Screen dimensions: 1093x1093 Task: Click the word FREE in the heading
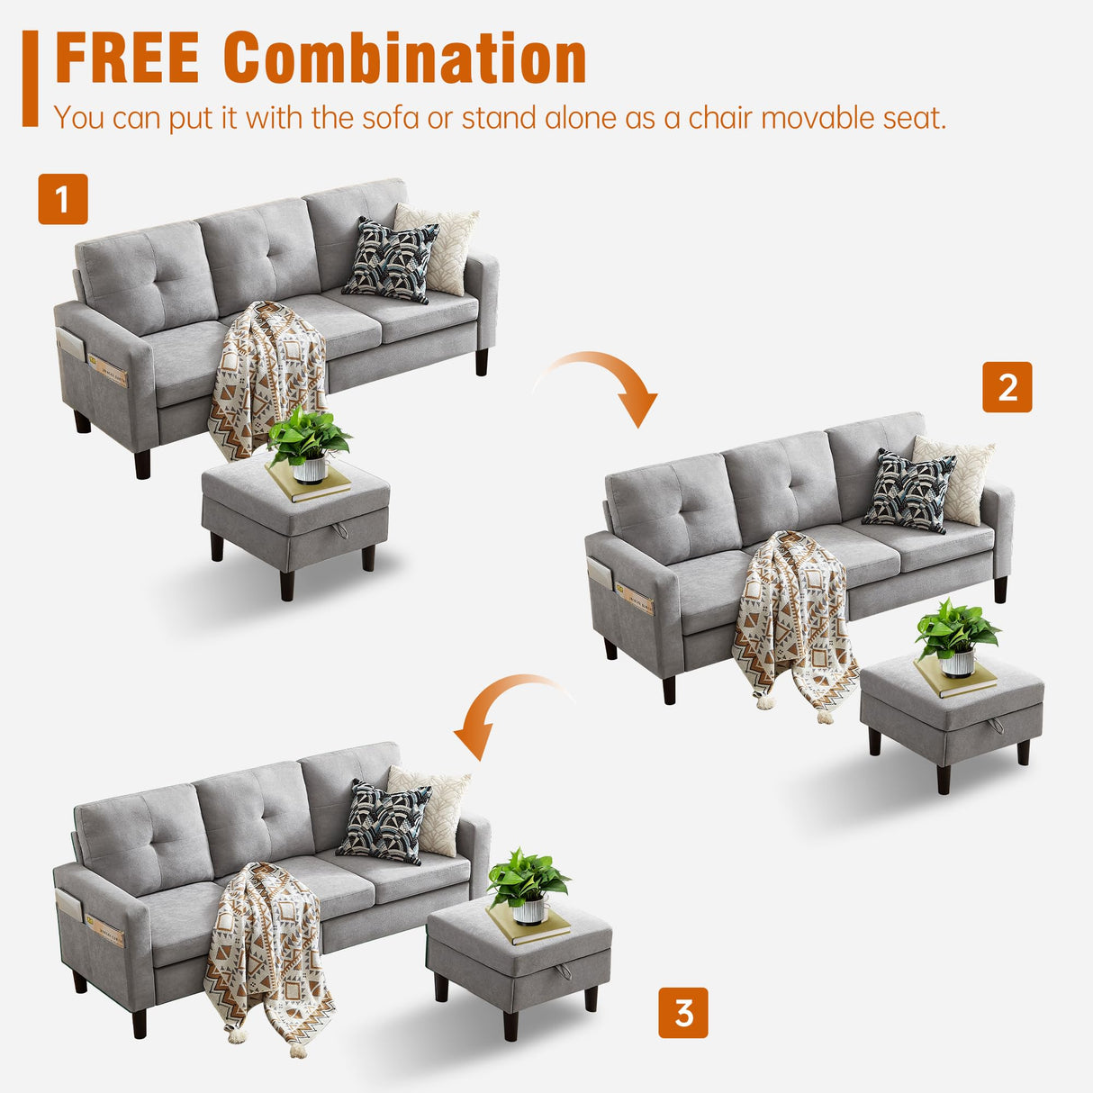(x=127, y=59)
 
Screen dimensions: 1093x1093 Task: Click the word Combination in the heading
(x=405, y=59)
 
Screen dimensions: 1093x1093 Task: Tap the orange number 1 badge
(x=63, y=199)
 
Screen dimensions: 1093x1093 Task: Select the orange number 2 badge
(x=1007, y=387)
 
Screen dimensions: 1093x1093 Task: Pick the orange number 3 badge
(x=683, y=1013)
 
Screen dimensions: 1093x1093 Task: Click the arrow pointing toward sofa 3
(x=504, y=711)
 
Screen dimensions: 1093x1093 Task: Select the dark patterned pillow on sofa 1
(x=391, y=259)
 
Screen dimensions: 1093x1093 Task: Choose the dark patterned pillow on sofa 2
(x=909, y=492)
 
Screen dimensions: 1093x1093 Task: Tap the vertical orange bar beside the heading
(x=31, y=77)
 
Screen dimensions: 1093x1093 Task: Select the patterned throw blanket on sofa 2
(x=792, y=621)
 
